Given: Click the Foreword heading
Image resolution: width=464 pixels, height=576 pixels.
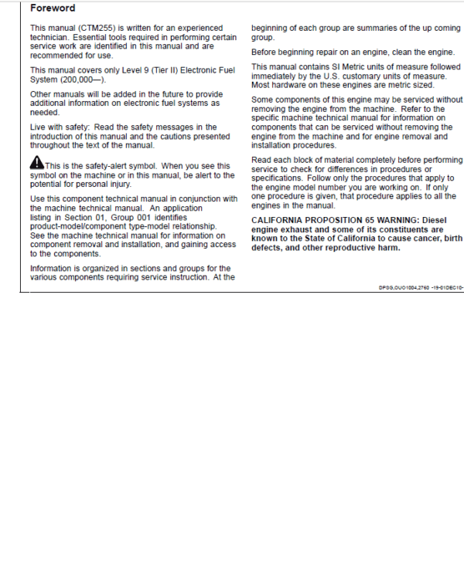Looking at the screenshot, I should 53,8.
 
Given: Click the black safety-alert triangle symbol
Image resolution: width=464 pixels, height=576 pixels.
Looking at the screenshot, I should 37,164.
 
